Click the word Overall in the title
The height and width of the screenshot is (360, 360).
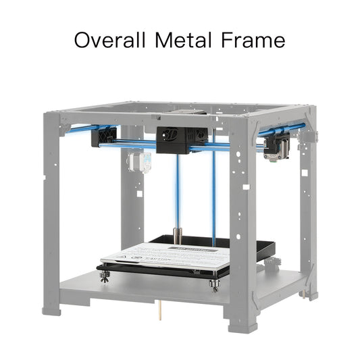[109, 40]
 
